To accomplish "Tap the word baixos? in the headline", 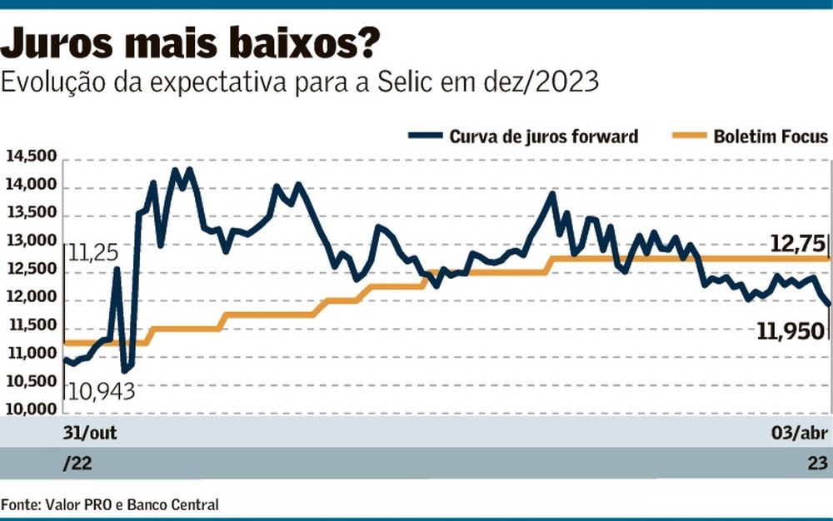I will point(305,43).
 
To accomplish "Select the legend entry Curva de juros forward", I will point(543,136).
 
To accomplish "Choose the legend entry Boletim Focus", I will point(771,136).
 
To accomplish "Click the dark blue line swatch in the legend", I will point(425,136).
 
